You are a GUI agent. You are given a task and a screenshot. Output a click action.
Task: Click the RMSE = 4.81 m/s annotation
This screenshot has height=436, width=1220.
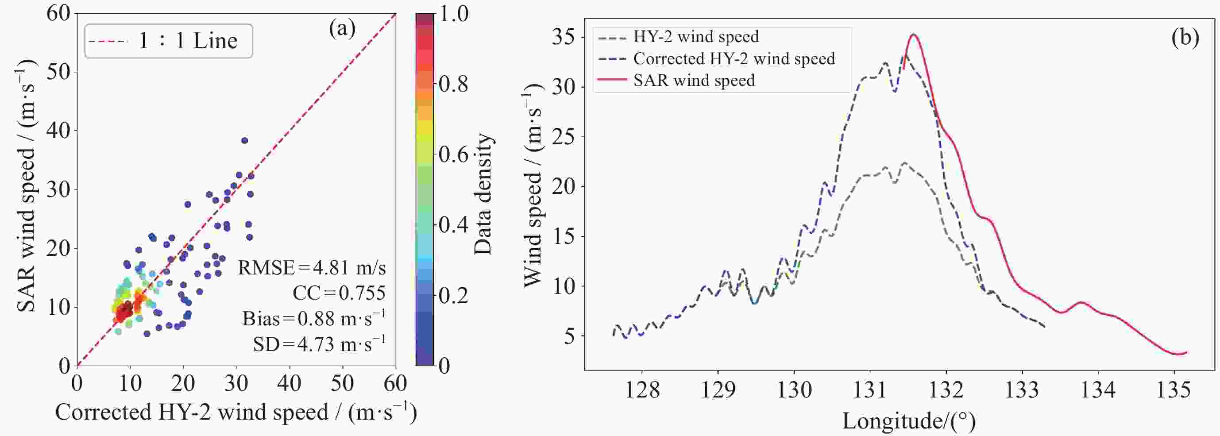[x=312, y=268]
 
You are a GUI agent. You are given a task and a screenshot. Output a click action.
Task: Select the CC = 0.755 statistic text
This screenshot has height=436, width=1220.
[x=339, y=293]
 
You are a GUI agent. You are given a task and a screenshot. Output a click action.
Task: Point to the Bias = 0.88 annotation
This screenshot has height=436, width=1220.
[x=313, y=319]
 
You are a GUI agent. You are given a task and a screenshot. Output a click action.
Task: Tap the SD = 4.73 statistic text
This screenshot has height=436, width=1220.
[x=319, y=344]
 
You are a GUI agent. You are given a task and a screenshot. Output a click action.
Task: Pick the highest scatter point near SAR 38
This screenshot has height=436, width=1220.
[x=244, y=141]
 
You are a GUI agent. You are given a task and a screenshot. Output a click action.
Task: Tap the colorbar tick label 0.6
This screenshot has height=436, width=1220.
[x=453, y=155]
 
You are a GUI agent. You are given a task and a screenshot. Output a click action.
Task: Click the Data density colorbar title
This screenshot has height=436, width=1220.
[x=483, y=194]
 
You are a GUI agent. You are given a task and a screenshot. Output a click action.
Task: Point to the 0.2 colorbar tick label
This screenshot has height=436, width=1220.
[x=453, y=295]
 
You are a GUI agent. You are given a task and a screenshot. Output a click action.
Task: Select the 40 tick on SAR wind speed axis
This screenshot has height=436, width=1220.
[x=58, y=130]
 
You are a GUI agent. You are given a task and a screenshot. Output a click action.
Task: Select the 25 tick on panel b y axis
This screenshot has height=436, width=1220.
[x=563, y=137]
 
